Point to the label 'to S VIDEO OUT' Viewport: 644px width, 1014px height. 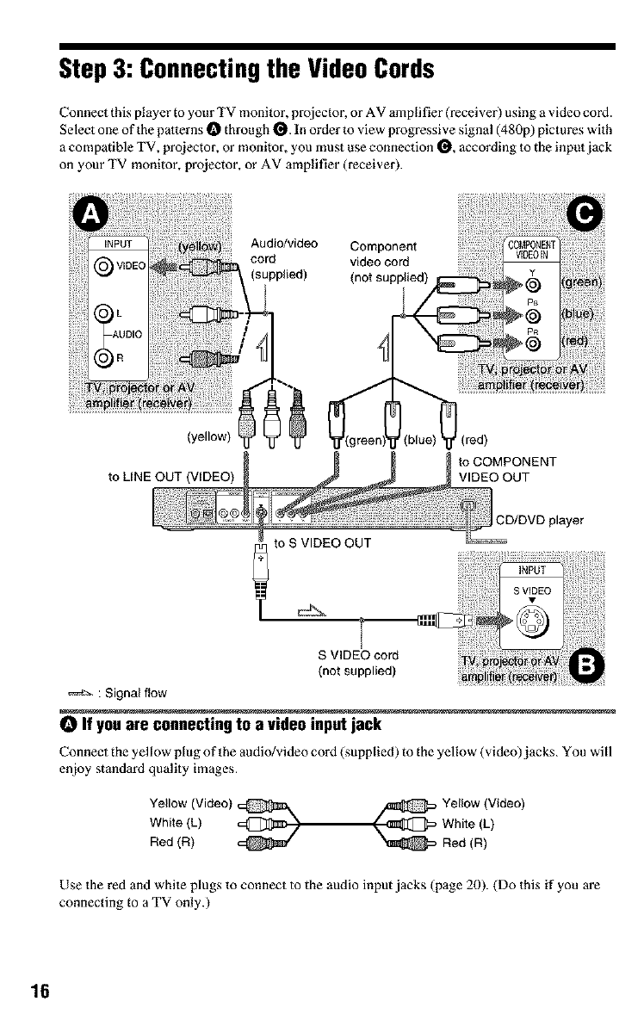[x=321, y=542]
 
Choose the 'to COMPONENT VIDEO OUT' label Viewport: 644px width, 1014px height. [x=511, y=468]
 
